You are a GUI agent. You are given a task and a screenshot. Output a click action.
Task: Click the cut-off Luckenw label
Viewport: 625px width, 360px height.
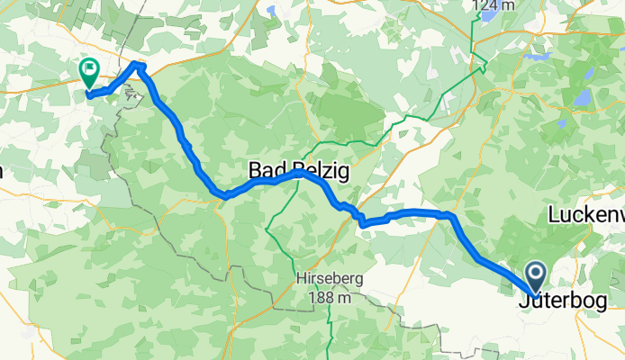tap(586, 215)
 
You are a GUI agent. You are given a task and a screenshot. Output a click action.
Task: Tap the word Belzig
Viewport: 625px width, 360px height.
tap(303, 169)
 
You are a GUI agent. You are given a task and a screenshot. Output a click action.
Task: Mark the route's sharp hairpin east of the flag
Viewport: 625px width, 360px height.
tap(137, 64)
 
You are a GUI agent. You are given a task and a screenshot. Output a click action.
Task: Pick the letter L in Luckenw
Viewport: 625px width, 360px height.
tap(553, 215)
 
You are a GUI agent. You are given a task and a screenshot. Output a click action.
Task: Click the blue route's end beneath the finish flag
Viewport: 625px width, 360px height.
tap(89, 94)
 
